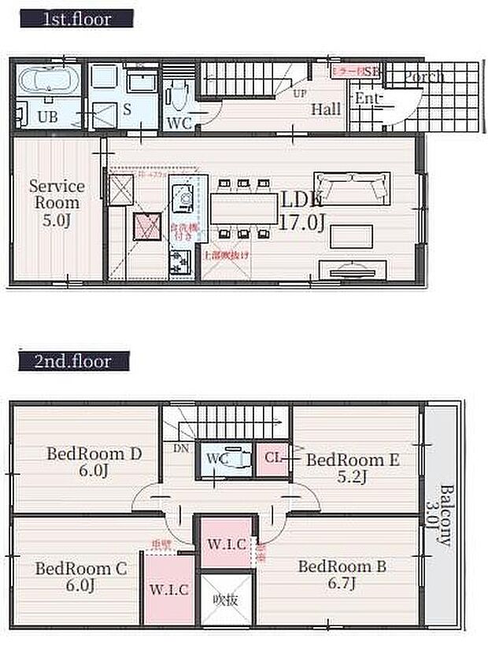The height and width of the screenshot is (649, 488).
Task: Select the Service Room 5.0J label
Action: point(57,202)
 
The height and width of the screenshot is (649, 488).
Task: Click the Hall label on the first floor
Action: point(325,109)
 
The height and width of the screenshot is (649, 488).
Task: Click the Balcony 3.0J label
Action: point(445,514)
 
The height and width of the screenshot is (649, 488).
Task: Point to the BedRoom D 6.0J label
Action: point(94,463)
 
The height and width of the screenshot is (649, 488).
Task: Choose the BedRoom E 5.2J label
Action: point(348,468)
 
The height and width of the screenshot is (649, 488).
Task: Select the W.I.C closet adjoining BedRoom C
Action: point(169,588)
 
